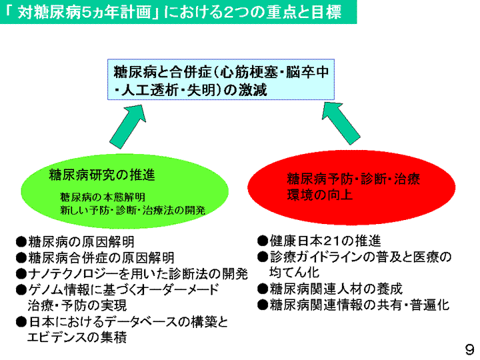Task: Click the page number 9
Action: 469,349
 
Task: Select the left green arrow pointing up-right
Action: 127,127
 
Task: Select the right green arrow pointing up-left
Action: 341,123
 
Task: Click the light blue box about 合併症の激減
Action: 221,79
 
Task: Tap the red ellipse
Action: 351,187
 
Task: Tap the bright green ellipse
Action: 125,191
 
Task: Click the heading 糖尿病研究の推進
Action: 102,175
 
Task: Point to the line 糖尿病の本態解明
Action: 103,197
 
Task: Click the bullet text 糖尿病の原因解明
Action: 81,242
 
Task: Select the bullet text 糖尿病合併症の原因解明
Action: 101,258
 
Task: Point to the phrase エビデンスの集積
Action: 77,337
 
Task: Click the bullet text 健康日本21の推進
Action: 325,241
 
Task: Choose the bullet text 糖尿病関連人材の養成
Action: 336,289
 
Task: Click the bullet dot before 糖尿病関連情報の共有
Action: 263,305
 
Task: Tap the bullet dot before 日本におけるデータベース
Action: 21,322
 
